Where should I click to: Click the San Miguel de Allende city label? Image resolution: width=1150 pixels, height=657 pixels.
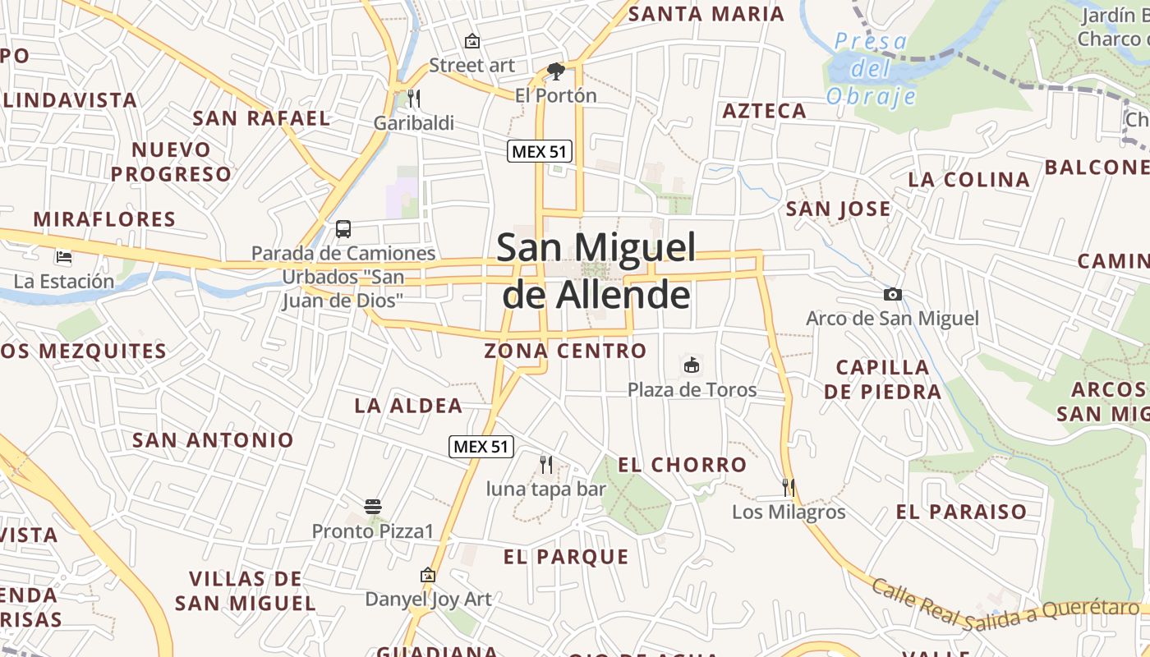pyautogui.click(x=597, y=271)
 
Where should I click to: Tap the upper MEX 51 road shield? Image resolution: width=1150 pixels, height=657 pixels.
pyautogui.click(x=539, y=151)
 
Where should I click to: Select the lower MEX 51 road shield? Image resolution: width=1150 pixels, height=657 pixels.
pyautogui.click(x=481, y=447)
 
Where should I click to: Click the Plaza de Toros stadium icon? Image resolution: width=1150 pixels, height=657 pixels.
pyautogui.click(x=692, y=365)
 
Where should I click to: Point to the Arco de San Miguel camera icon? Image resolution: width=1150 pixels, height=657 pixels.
pyautogui.click(x=893, y=294)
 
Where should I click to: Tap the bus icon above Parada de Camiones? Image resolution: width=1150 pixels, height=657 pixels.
pyautogui.click(x=343, y=229)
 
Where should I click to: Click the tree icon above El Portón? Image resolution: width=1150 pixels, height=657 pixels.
pyautogui.click(x=556, y=71)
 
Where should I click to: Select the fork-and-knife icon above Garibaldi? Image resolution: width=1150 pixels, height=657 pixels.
pyautogui.click(x=414, y=99)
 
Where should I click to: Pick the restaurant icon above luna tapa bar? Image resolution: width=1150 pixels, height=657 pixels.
pyautogui.click(x=546, y=464)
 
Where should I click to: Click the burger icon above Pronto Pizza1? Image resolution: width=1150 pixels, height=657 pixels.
pyautogui.click(x=373, y=506)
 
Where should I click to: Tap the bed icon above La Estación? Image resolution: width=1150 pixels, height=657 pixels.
pyautogui.click(x=64, y=257)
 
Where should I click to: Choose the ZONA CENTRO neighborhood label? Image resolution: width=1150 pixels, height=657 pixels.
pyautogui.click(x=565, y=351)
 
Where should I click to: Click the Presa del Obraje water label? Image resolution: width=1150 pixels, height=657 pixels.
pyautogui.click(x=872, y=68)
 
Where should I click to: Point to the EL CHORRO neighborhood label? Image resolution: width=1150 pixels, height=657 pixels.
pyautogui.click(x=683, y=465)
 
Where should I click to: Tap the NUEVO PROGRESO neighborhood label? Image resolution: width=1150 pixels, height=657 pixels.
pyautogui.click(x=172, y=162)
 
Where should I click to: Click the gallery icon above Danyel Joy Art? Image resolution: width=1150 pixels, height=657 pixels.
pyautogui.click(x=427, y=575)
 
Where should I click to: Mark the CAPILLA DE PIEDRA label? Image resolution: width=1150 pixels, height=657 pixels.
pyautogui.click(x=883, y=379)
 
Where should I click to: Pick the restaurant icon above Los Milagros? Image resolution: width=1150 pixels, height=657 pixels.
pyautogui.click(x=789, y=487)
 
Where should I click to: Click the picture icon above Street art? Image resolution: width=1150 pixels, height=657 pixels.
pyautogui.click(x=472, y=40)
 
